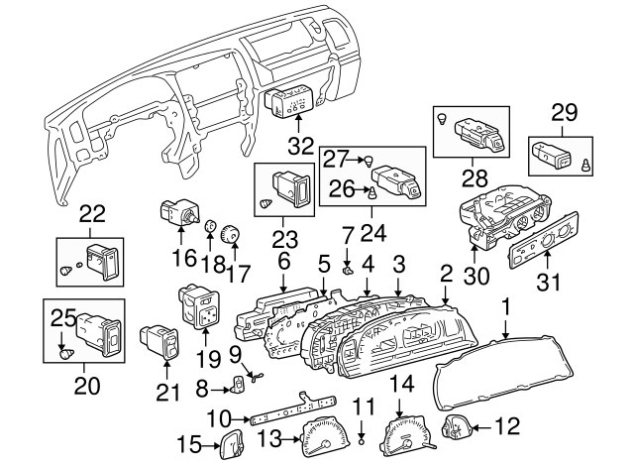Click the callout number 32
coord(299,146)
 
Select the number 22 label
coord(91,213)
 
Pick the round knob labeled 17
coord(232,234)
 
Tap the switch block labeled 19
coord(200,309)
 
